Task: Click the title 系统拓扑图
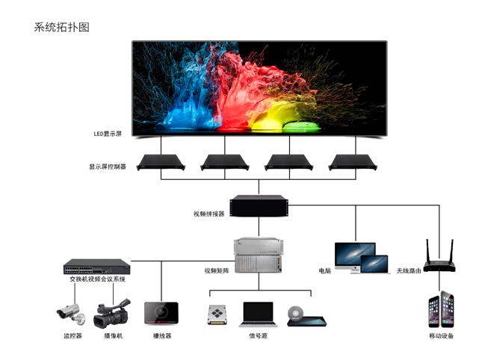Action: pos(61,27)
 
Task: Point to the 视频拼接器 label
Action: pos(208,214)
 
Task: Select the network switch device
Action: pos(97,267)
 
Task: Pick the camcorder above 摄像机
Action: pos(112,314)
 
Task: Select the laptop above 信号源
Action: pos(259,314)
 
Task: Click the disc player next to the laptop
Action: pos(303,315)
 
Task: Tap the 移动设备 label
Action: pos(441,336)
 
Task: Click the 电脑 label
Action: pos(324,270)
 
